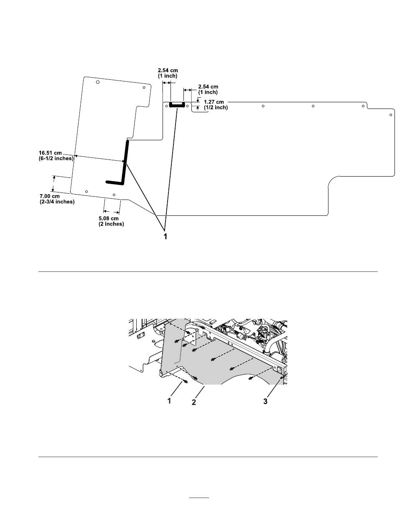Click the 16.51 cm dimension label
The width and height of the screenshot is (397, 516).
pos(50,153)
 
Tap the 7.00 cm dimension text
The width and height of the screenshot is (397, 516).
pos(49,196)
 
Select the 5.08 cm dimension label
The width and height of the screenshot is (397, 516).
pos(108,218)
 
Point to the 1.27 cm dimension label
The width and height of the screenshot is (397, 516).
pos(214,102)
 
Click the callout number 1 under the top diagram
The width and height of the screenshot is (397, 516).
pos(165,236)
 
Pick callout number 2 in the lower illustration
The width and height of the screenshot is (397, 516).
pos(194,402)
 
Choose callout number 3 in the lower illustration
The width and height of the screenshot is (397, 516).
pos(265,401)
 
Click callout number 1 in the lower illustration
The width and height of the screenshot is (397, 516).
pos(169,401)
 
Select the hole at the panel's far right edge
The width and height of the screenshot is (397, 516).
pos(391,115)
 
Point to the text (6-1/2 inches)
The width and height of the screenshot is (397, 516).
pos(56,158)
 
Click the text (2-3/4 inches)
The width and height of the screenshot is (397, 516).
pos(57,202)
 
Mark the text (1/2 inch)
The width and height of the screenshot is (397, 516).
pos(216,107)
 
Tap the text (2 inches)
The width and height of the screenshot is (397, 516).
pos(111,224)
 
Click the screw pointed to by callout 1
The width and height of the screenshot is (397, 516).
pos(185,382)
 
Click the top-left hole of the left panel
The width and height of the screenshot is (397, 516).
pos(98,82)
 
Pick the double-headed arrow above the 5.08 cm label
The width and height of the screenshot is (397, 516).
pos(111,212)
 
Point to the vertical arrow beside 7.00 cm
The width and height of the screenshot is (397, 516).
pos(53,184)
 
